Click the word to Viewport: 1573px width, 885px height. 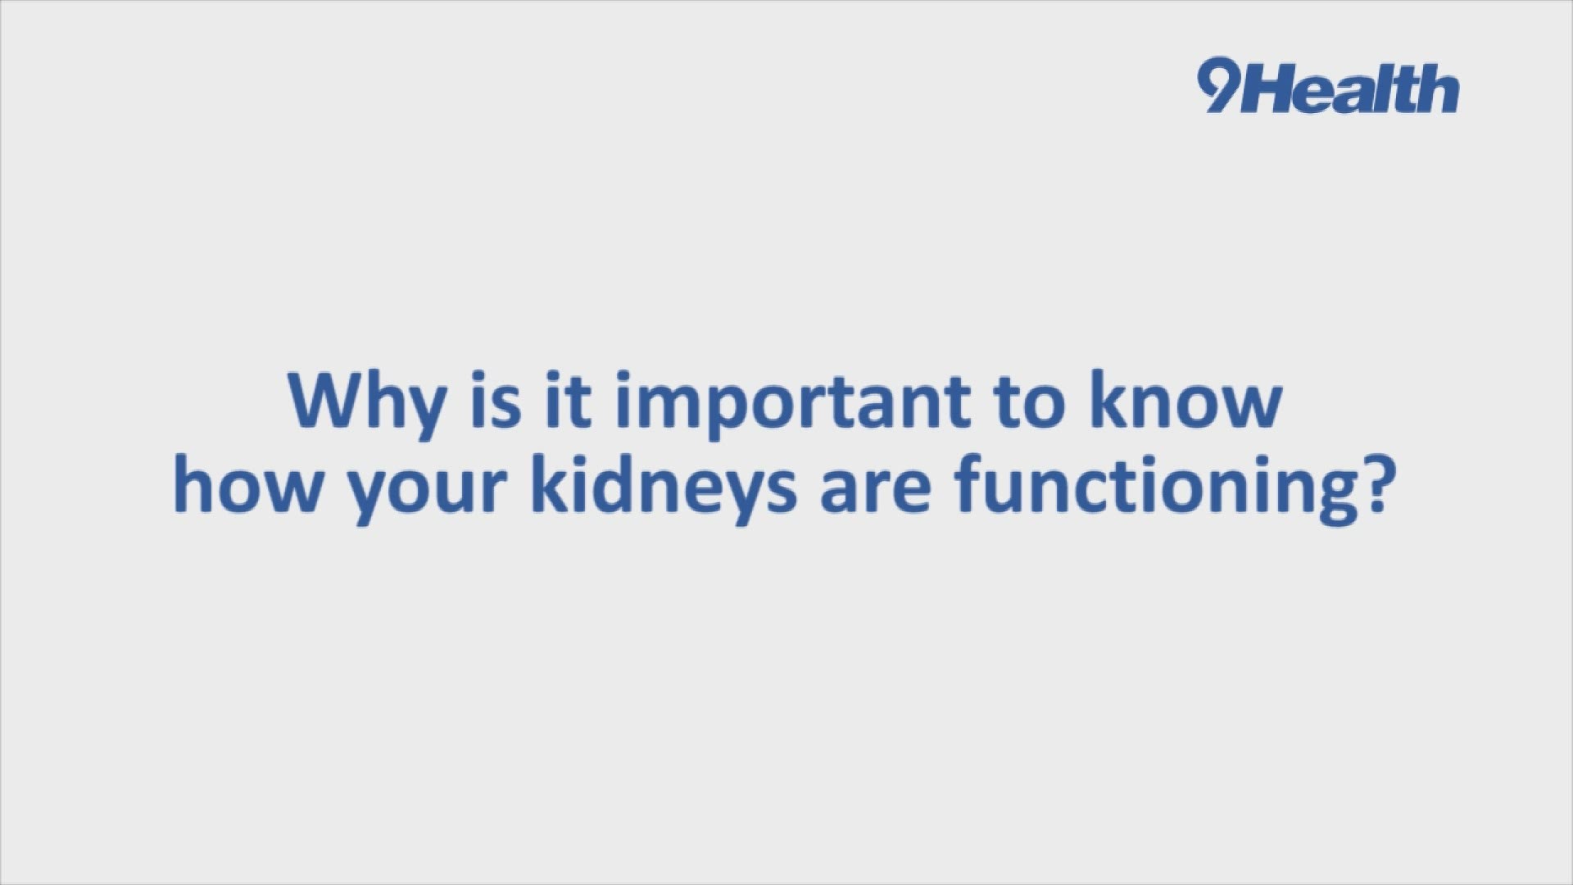pos(1029,402)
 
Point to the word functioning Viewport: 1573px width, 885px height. pos(1151,490)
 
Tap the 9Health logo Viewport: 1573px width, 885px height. pos(1327,88)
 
